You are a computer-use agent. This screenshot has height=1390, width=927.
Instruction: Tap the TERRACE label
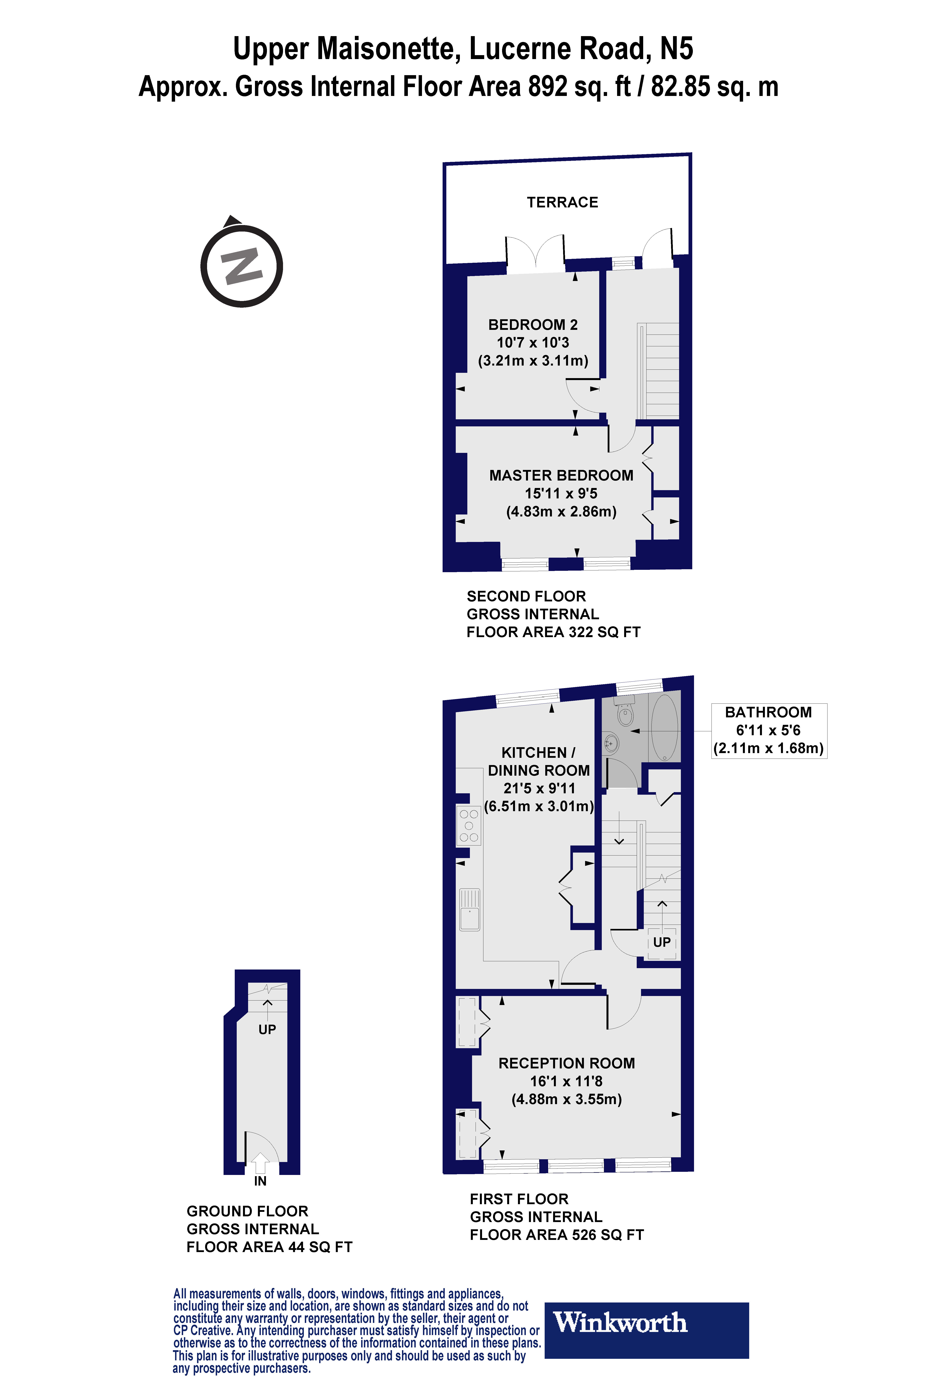[562, 203]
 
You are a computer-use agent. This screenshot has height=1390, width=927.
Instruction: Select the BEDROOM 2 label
[533, 325]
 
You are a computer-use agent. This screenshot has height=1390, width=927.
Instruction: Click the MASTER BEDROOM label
[561, 476]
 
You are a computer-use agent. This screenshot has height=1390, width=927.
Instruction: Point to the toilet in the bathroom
[625, 714]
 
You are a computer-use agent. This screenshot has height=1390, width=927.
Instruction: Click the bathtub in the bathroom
[665, 728]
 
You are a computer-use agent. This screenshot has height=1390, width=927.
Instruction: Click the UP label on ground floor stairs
[267, 1030]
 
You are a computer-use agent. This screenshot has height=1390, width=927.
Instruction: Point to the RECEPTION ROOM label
[566, 1063]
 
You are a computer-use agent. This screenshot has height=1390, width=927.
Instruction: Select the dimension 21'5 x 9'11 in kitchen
[539, 788]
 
